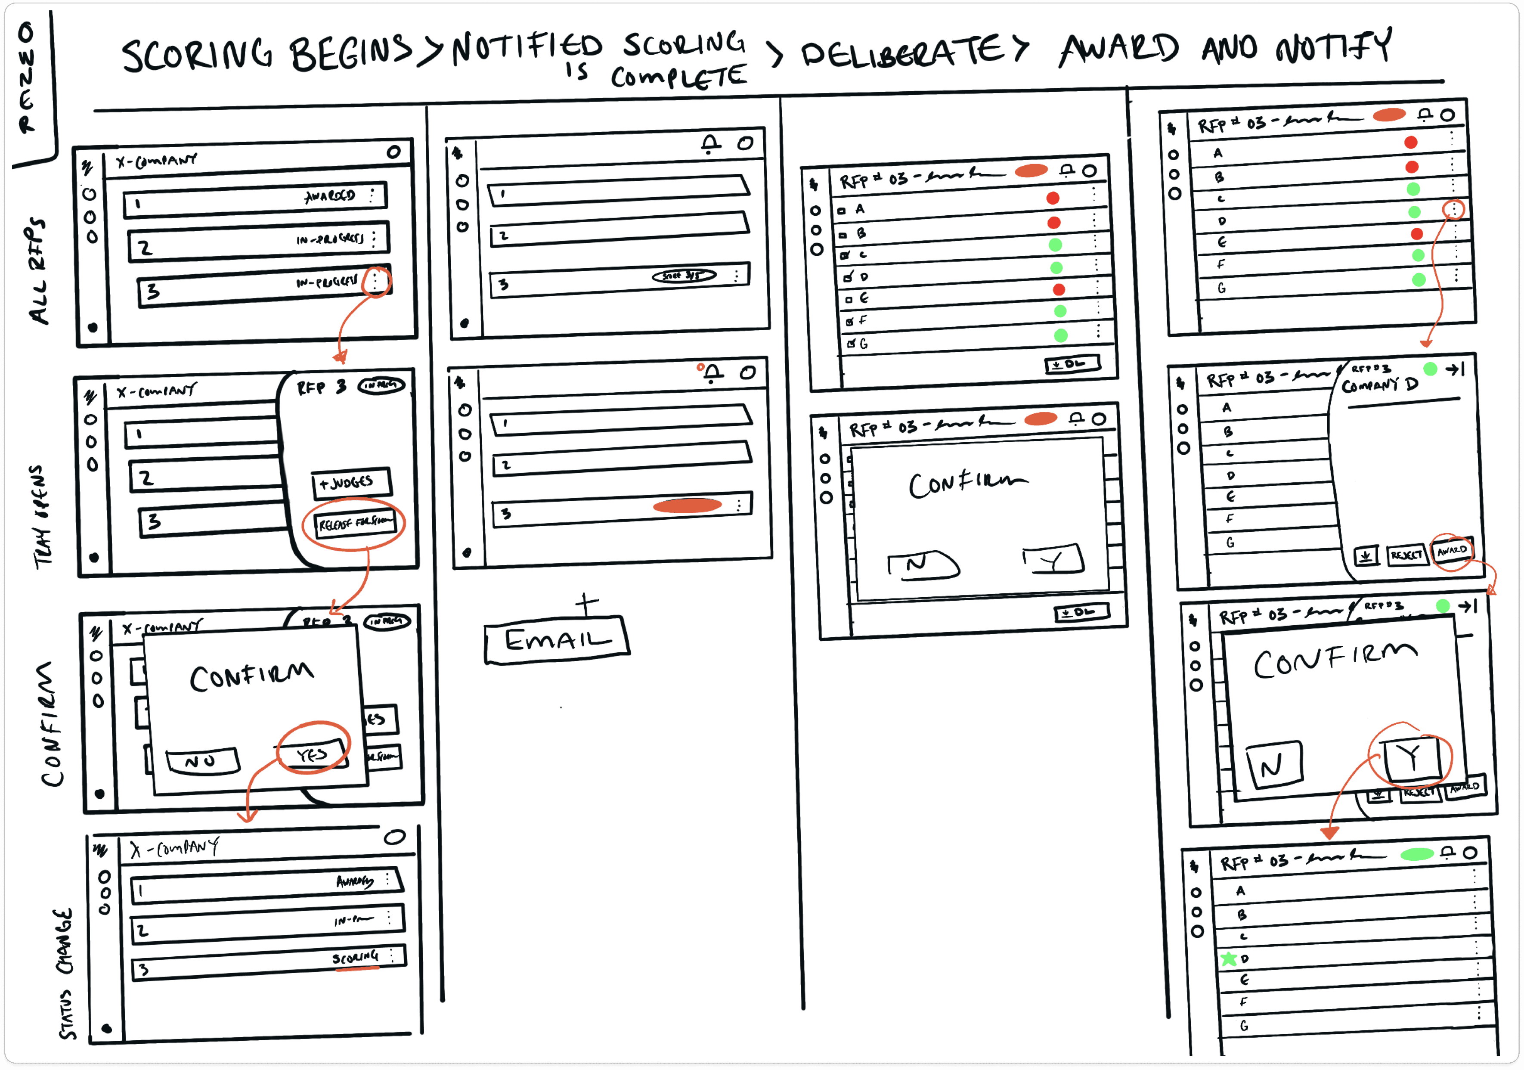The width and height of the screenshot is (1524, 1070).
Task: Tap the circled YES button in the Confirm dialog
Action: (x=313, y=754)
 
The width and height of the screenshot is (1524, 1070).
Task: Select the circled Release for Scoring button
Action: (x=354, y=524)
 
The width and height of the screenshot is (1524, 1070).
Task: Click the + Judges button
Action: (x=351, y=483)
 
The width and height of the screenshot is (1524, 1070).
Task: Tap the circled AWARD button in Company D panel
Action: (x=1452, y=550)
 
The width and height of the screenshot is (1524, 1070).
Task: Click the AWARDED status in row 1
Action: (x=330, y=196)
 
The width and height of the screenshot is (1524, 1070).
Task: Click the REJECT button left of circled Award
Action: (x=1406, y=554)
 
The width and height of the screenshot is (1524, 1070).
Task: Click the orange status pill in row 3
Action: (x=687, y=506)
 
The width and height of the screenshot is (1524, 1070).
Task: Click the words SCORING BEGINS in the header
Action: (x=266, y=53)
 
